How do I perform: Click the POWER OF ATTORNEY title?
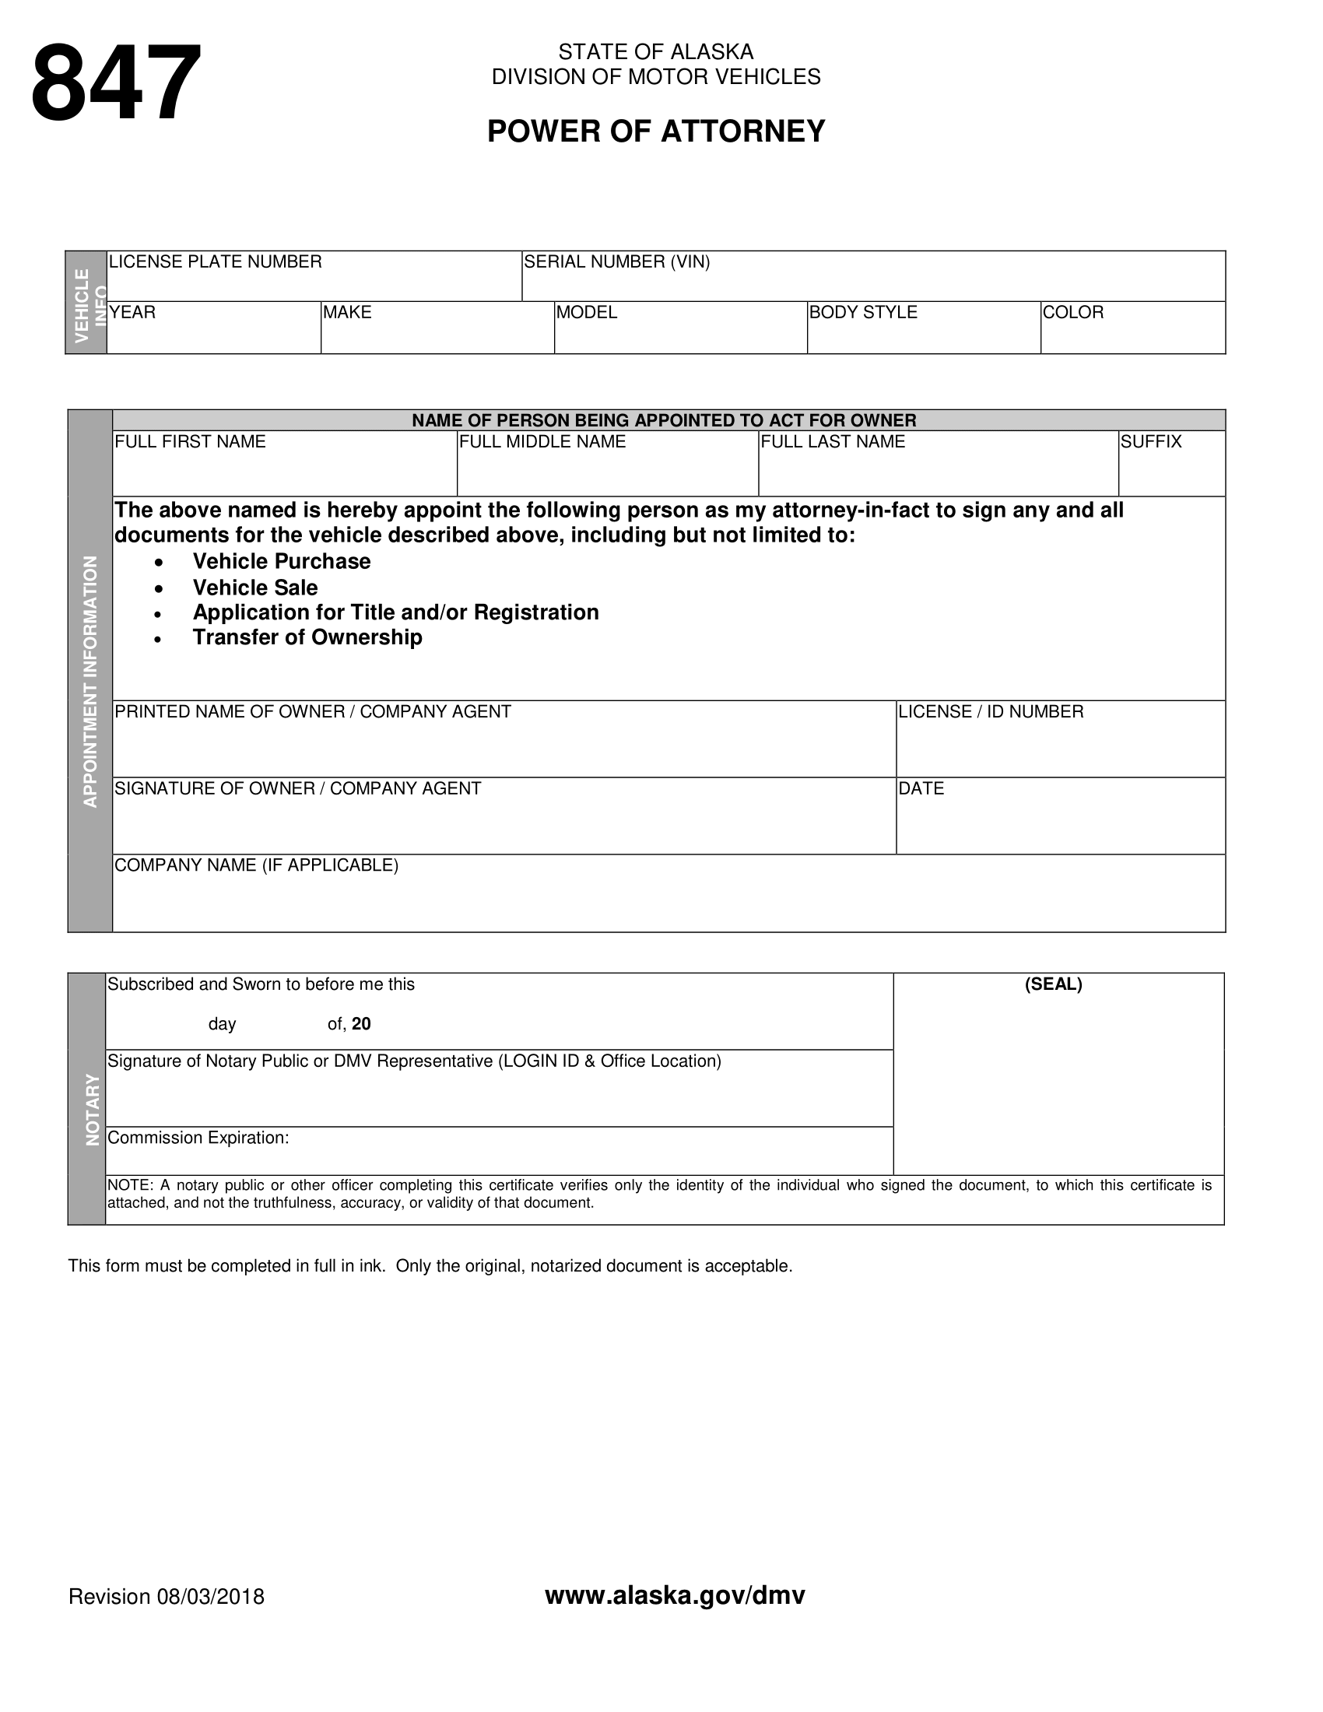pyautogui.click(x=656, y=132)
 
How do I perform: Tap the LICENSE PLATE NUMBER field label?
pyautogui.click(x=215, y=261)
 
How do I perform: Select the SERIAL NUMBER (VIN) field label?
pyautogui.click(x=617, y=261)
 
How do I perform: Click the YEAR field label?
pyautogui.click(x=132, y=313)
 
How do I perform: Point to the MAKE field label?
pyautogui.click(x=347, y=313)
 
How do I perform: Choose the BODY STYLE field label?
pyautogui.click(x=863, y=313)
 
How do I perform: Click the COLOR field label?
pyautogui.click(x=1073, y=313)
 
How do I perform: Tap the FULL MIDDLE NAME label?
pyautogui.click(x=542, y=442)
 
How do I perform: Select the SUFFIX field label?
pyautogui.click(x=1150, y=442)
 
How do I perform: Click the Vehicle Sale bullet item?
pyautogui.click(x=255, y=588)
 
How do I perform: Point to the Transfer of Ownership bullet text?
pyautogui.click(x=307, y=637)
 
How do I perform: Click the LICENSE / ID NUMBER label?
pyautogui.click(x=991, y=712)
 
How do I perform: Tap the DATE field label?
pyautogui.click(x=921, y=788)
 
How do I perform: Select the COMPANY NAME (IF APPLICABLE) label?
pyautogui.click(x=256, y=865)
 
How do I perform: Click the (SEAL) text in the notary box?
pyautogui.click(x=1054, y=984)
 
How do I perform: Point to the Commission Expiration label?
pyautogui.click(x=198, y=1138)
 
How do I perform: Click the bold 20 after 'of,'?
pyautogui.click(x=361, y=1025)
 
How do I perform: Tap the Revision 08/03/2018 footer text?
pyautogui.click(x=167, y=1597)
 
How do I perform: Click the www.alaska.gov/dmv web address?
pyautogui.click(x=675, y=1595)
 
